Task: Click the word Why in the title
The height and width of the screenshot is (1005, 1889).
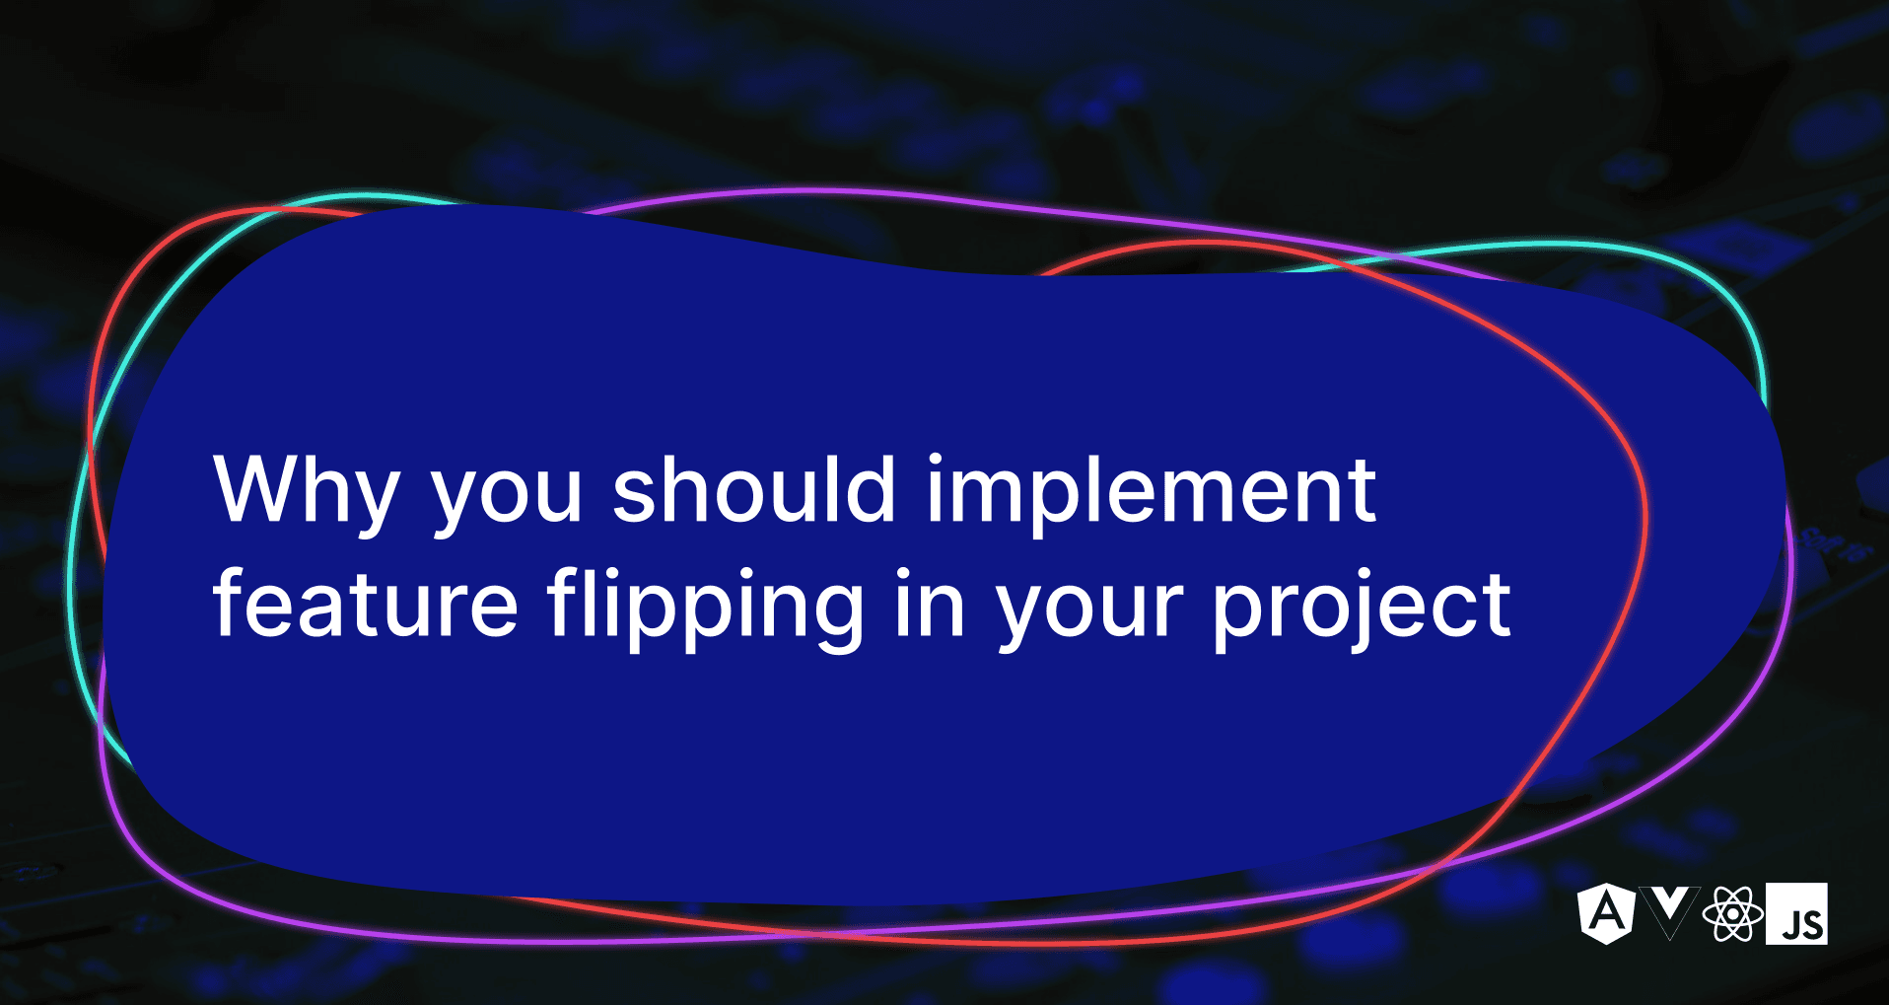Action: point(306,490)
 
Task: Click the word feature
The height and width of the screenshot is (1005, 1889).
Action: point(365,604)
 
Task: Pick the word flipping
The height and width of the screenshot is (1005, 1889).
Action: point(706,606)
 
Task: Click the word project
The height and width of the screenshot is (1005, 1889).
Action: point(1361,606)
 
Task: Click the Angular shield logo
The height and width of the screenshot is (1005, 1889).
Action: point(1606,912)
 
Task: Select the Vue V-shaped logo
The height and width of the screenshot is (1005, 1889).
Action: point(1669,910)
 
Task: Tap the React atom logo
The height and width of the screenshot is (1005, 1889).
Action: point(1732,913)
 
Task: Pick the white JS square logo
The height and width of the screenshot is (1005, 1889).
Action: point(1796,913)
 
